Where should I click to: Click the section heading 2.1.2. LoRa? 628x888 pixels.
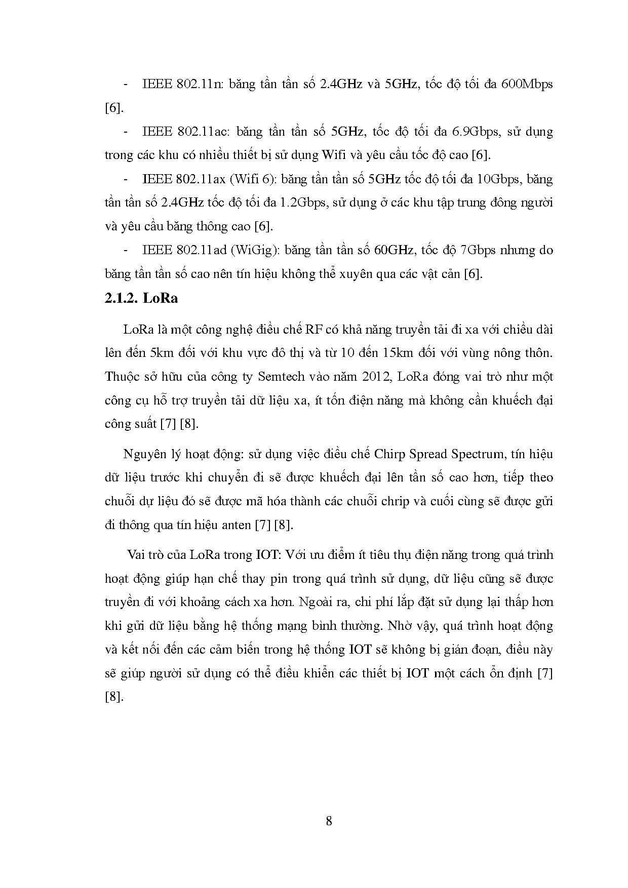[x=141, y=298]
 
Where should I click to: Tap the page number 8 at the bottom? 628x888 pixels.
[x=329, y=821]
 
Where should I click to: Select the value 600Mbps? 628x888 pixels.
[x=527, y=84]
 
